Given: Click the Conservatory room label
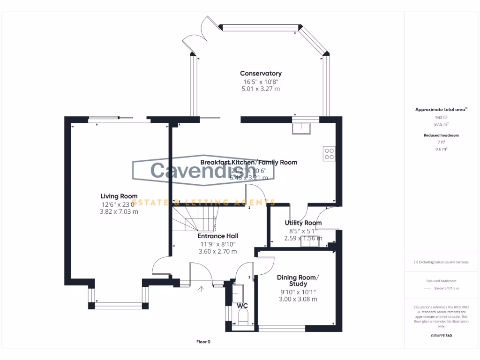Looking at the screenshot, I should coord(261,73).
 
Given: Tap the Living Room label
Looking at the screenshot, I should coord(119,196).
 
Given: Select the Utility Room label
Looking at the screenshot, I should coord(303,223).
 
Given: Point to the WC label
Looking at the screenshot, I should coord(242,306).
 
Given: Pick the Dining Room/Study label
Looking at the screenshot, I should coord(298,280).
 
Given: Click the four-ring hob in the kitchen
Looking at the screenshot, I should coord(329,154).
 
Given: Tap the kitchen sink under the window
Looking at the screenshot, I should coord(300,127).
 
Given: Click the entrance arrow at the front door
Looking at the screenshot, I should coord(202,289).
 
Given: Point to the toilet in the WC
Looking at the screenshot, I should coord(243,319).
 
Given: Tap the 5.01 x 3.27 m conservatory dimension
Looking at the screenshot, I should coord(261,89).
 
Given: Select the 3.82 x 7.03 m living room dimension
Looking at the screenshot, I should coord(119,211).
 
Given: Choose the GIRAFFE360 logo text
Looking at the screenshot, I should coord(441,336).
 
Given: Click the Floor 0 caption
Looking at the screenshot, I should coord(203,342).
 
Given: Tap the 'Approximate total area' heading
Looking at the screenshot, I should coord(441,110).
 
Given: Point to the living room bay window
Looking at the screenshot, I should coord(119,306).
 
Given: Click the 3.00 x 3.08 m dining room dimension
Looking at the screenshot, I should coord(298,299).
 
